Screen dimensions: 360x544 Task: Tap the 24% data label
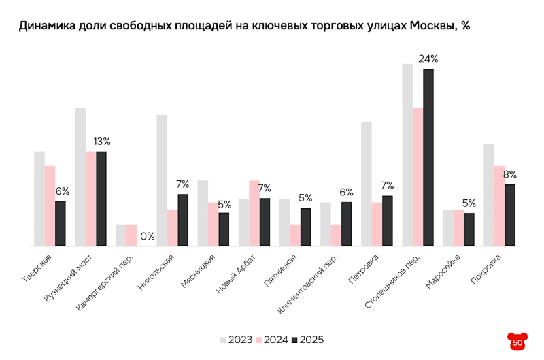[428, 59]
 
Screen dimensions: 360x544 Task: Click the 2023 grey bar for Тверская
[39, 198]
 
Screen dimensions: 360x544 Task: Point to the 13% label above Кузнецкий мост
[102, 142]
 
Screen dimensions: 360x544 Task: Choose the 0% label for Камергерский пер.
[148, 237]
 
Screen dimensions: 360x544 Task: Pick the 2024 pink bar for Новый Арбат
[254, 212]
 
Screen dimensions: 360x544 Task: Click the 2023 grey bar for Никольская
[162, 180]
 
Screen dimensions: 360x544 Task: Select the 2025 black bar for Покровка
[510, 214]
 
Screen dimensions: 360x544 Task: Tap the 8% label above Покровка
[510, 174]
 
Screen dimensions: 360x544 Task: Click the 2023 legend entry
[235, 339]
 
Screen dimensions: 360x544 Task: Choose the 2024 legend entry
[271, 339]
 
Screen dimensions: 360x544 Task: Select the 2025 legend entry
[307, 339]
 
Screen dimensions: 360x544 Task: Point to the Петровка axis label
[360, 268]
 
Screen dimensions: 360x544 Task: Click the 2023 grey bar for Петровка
[367, 184]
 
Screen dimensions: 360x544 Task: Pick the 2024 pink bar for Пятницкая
[295, 235]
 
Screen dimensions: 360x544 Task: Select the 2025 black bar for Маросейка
[469, 229]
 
